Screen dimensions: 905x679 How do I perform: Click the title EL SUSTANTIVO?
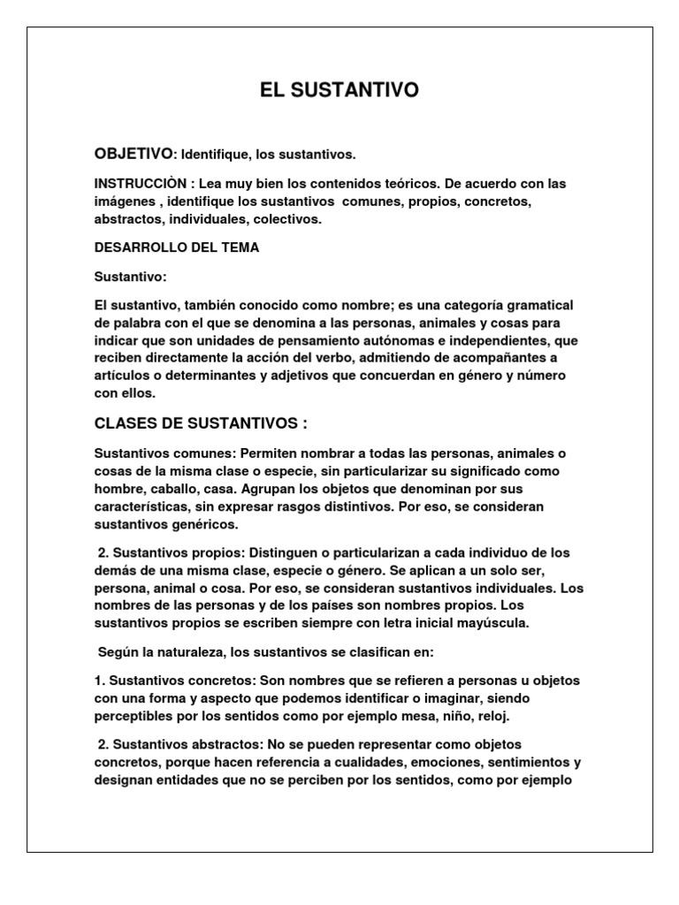tap(339, 90)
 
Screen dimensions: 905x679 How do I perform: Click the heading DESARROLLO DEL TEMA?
tap(177, 247)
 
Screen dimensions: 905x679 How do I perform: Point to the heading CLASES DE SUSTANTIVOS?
tap(201, 423)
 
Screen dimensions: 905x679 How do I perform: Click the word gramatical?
tap(537, 305)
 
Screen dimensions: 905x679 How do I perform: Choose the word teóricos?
tap(403, 184)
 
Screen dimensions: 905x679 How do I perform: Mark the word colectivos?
tap(294, 218)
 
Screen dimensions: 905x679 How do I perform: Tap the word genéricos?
tap(196, 523)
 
